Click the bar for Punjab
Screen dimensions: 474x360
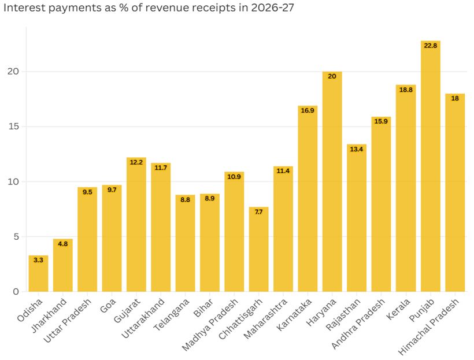coord(431,166)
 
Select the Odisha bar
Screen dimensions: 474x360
coord(38,273)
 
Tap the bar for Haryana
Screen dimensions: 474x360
coord(332,181)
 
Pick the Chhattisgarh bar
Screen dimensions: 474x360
coord(259,250)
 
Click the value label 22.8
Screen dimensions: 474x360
coord(431,46)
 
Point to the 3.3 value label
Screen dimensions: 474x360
coord(38,260)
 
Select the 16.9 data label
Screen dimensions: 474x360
coord(308,110)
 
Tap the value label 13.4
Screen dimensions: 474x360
coord(357,149)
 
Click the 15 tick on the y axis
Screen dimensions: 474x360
coord(14,127)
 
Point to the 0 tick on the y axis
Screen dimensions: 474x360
coord(16,292)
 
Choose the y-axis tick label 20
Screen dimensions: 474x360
coord(13,71)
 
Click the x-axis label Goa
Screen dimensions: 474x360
coord(108,305)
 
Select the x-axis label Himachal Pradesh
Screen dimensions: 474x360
coord(428,326)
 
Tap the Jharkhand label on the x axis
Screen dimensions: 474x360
coord(49,316)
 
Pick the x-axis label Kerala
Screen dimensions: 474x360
coord(398,309)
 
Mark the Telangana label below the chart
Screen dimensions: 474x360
coord(172,314)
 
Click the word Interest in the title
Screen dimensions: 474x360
coord(24,8)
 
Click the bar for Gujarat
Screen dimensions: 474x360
coord(136,225)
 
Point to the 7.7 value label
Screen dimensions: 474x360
coord(259,212)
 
